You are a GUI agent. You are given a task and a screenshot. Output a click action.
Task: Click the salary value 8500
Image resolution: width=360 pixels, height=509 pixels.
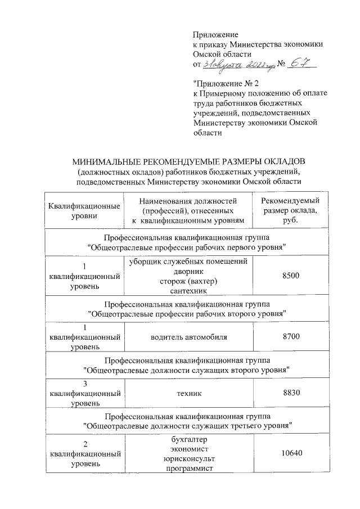(287, 275)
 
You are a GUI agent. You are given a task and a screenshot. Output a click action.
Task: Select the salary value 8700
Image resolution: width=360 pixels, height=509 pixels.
(287, 336)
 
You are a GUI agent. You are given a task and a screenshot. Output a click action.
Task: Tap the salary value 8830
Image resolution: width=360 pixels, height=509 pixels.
(287, 395)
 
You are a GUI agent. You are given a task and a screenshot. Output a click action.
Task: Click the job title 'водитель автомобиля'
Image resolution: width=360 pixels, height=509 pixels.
(188, 336)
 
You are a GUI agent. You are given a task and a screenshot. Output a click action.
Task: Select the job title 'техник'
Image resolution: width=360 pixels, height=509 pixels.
(188, 395)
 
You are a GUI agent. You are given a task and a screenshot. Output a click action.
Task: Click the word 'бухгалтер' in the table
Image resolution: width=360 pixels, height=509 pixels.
(188, 440)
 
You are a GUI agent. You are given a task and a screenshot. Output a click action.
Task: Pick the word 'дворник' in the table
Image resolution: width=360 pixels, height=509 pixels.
(188, 271)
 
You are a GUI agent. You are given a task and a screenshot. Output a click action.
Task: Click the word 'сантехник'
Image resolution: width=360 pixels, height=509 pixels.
(188, 290)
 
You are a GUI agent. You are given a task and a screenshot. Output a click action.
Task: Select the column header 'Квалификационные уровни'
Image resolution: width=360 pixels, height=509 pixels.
(84, 210)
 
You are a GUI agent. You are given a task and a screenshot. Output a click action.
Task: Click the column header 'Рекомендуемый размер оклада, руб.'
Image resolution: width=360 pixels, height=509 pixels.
(287, 210)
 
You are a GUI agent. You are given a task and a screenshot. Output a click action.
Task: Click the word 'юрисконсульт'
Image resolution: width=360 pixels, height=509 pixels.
(188, 460)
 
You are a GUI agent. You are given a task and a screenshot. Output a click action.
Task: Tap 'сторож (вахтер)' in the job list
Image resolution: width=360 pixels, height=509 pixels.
(188, 281)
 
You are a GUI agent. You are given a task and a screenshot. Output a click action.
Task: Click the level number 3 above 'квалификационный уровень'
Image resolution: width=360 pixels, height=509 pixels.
(84, 384)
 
